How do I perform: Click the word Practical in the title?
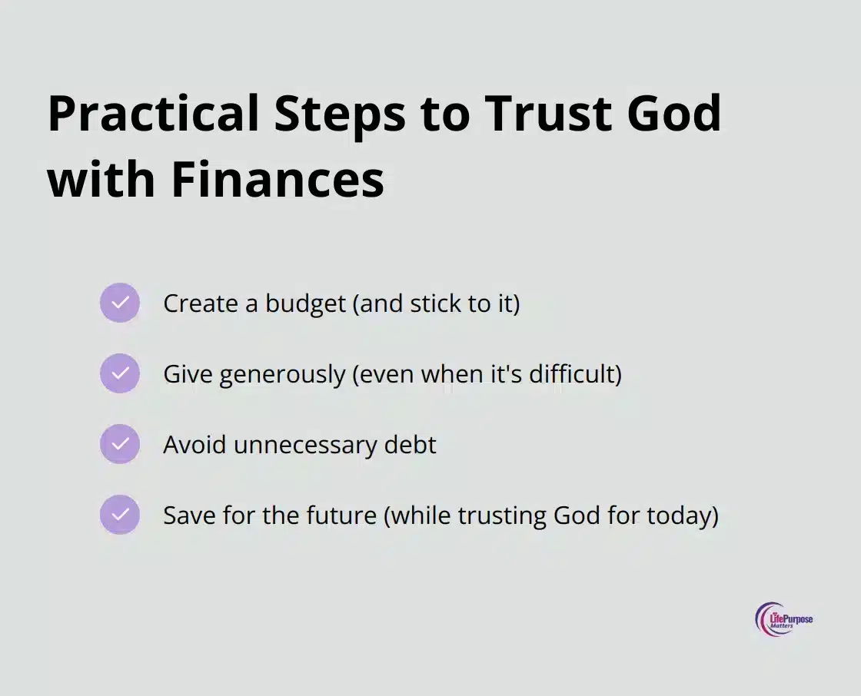tap(153, 114)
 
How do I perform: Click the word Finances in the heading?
tap(278, 179)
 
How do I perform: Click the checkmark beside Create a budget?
tap(120, 303)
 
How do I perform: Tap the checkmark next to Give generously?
tap(120, 373)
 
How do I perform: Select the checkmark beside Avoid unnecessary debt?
tap(120, 443)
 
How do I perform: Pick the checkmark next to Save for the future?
tap(120, 514)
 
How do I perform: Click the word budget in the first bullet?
tap(306, 304)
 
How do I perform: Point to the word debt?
tap(411, 444)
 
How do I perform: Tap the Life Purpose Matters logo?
tap(783, 619)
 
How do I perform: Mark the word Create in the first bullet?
tap(201, 303)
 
